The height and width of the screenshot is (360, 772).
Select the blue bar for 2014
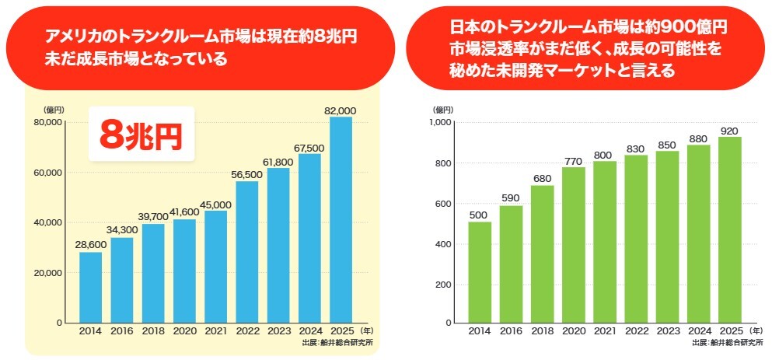91,287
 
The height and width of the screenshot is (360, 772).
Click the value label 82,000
340,111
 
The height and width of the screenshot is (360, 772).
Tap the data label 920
729,131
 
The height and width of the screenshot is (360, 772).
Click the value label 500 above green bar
480,215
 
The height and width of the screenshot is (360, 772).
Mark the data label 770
573,160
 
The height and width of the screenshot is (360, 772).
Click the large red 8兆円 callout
140,135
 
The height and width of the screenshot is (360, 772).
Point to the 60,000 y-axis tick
49,173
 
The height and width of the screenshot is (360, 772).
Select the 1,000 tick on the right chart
440,123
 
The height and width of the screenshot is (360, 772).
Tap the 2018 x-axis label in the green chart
542,331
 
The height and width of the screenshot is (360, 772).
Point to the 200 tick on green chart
444,284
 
